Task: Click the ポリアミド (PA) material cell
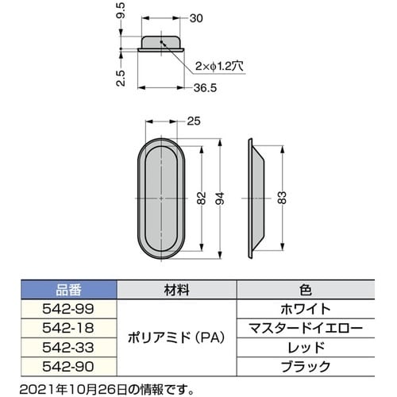point(175,336)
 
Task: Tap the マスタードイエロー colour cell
point(306,326)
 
